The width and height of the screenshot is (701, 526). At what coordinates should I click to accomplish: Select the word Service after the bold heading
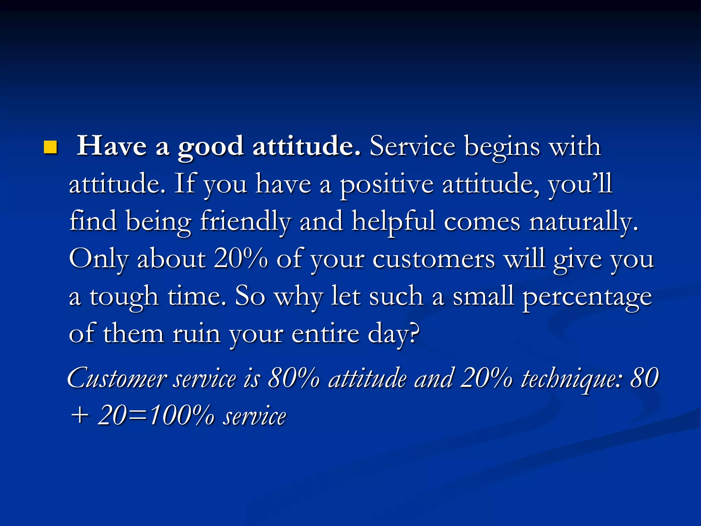pyautogui.click(x=412, y=146)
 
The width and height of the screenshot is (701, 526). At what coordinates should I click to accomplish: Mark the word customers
pyautogui.click(x=433, y=259)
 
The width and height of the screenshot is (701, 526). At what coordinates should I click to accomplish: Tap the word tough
pyautogui.click(x=124, y=297)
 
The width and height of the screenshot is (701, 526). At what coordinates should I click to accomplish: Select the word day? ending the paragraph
pyautogui.click(x=393, y=335)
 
